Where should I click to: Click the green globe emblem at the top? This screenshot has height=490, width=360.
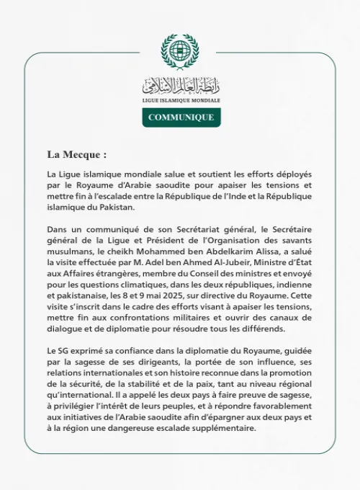pos(179,50)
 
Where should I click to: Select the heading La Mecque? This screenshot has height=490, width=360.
pos(77,154)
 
